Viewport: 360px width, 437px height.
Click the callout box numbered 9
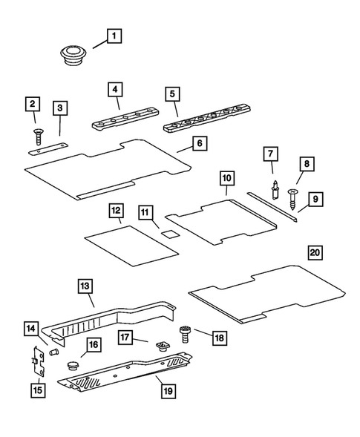pos(315,199)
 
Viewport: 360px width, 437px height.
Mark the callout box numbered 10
pos(226,178)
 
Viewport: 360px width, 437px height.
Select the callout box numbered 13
pos(85,286)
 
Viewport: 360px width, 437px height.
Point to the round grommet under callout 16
pos(72,366)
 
